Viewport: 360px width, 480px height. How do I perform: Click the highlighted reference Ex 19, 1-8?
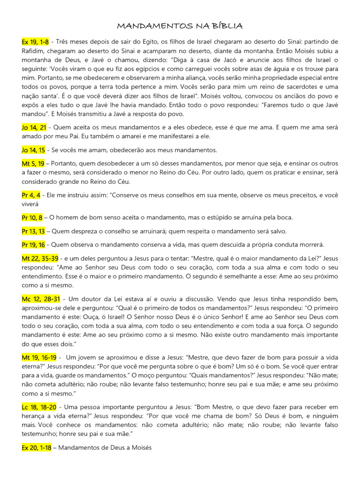35,42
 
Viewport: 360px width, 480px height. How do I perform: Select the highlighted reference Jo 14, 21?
34,127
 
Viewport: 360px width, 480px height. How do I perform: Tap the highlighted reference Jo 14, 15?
33,150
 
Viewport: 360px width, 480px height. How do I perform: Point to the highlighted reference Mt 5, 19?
33,164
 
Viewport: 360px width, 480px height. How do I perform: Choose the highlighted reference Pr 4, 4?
31,195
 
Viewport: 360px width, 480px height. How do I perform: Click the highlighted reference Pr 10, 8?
32,217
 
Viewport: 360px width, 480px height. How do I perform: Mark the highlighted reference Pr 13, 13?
33,231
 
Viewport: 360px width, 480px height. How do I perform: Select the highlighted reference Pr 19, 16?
33,245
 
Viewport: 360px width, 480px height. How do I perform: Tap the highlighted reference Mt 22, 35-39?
40,258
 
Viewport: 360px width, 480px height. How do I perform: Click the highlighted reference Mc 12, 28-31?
40,299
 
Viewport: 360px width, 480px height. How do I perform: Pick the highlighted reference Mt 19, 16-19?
39,358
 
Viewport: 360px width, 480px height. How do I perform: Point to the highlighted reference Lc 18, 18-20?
39,407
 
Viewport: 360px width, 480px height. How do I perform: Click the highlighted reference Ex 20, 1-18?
37,448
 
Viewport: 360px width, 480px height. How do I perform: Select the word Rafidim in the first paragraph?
33,51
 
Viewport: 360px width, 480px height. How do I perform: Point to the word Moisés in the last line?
140,448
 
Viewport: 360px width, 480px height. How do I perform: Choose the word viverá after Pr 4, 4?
30,204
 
